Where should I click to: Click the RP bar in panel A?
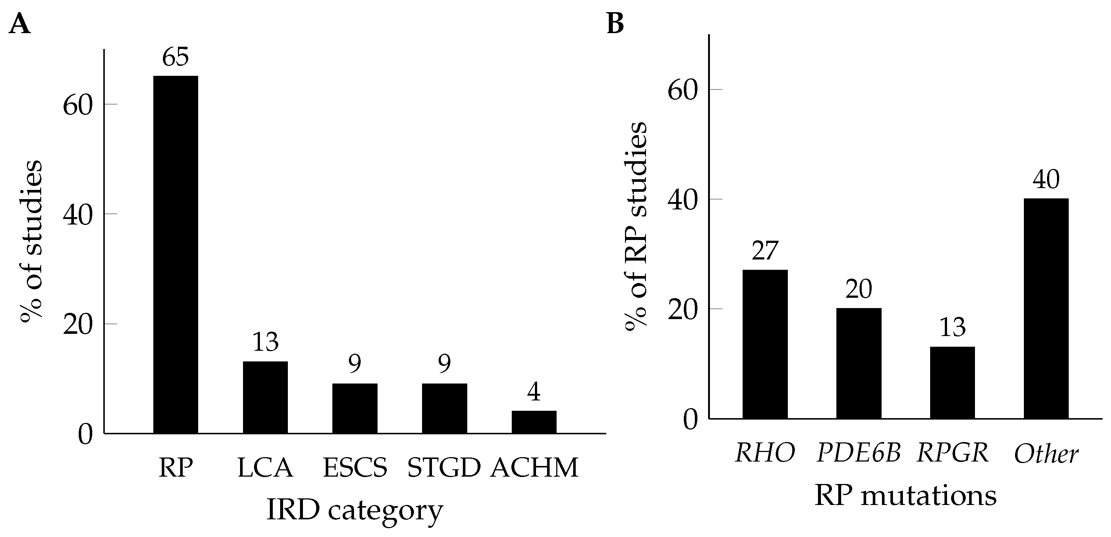175,254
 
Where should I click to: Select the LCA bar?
265,397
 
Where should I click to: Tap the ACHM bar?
534,422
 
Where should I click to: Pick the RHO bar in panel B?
765,344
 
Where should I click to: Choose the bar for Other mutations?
1046,308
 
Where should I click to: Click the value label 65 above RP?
175,57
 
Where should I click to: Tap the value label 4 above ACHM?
534,392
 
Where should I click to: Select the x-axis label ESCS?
355,467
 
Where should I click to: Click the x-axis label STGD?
444,467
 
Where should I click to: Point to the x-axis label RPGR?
953,453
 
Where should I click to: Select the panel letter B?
615,24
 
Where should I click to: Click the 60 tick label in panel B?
682,90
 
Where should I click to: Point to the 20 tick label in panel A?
78,325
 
